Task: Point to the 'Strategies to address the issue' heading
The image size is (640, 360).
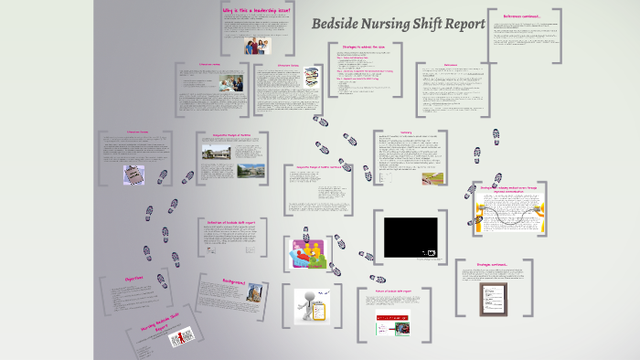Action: [364, 45]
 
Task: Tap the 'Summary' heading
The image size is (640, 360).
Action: [405, 132]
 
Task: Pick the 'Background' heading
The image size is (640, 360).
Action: [235, 282]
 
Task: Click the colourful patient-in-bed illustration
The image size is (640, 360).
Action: [310, 251]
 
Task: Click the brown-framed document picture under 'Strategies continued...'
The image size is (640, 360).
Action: [495, 296]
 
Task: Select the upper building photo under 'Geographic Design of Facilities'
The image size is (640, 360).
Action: [218, 150]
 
